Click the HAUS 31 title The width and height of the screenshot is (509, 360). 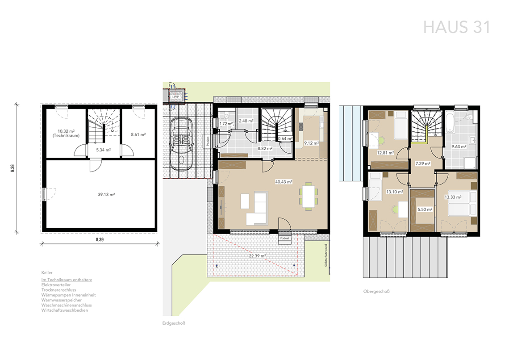(x=457, y=27)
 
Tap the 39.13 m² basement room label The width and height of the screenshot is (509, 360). (x=106, y=194)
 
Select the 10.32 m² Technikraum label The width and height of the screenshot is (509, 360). (x=66, y=134)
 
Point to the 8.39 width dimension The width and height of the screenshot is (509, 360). (x=100, y=239)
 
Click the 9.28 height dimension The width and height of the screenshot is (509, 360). (x=13, y=168)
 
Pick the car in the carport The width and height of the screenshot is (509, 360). (x=181, y=144)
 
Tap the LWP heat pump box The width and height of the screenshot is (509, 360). (x=175, y=96)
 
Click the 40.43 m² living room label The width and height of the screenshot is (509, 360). (x=284, y=182)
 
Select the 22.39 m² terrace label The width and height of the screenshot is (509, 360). (x=258, y=256)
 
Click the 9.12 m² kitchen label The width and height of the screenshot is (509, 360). (x=311, y=143)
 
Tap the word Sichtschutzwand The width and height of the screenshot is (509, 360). (x=326, y=255)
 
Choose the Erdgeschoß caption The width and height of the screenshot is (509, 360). (x=174, y=323)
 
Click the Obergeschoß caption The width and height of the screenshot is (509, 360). (x=376, y=292)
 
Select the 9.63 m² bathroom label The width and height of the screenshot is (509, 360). (x=459, y=147)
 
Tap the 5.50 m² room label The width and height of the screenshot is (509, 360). (x=425, y=209)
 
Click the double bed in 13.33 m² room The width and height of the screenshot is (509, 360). (x=462, y=204)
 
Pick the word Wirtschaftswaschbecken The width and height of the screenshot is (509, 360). (x=65, y=310)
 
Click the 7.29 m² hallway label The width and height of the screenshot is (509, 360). (x=423, y=163)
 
